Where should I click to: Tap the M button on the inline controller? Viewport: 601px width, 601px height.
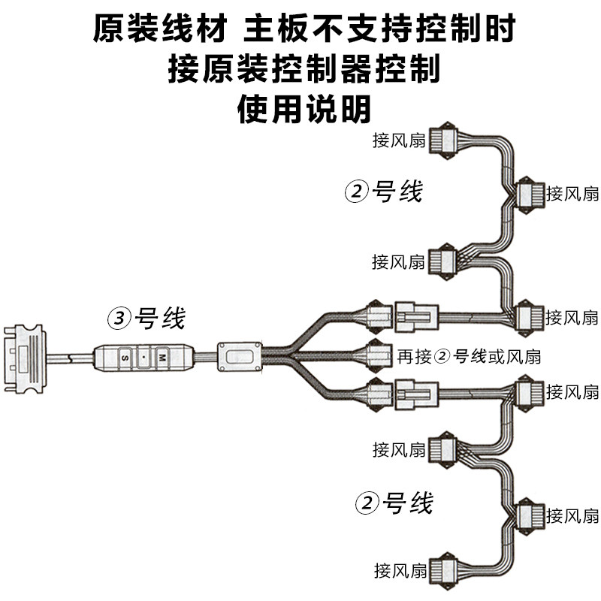(x=161, y=358)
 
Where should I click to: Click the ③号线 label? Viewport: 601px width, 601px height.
(x=146, y=319)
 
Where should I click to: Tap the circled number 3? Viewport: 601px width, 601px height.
(x=119, y=319)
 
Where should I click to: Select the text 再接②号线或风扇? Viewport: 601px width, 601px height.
(x=469, y=355)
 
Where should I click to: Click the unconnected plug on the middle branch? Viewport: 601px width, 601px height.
(x=377, y=354)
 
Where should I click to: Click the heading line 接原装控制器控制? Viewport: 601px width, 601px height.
(x=304, y=70)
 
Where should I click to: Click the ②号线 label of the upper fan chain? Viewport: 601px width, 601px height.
(x=384, y=192)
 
